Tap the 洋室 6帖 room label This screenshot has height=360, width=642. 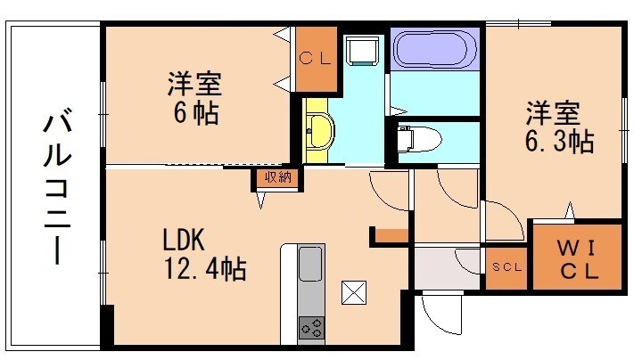(x=194, y=100)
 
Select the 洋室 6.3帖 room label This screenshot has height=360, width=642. (x=558, y=127)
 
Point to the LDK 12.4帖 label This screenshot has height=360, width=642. (x=203, y=254)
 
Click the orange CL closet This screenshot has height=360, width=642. (x=317, y=59)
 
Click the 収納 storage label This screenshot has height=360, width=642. (x=273, y=176)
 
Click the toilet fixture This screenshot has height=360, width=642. (x=416, y=139)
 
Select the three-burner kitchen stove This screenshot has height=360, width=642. (x=311, y=327)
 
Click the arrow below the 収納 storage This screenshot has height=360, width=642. (x=260, y=200)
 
